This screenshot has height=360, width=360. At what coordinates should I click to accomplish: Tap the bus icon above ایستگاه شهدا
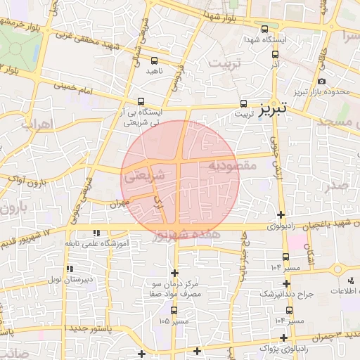[264, 30]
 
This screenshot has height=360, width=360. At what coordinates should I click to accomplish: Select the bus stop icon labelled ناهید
[154, 60]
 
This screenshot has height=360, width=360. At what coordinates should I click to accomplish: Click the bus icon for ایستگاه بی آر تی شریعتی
[141, 101]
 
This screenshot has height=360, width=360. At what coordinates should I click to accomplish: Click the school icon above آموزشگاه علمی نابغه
[96, 233]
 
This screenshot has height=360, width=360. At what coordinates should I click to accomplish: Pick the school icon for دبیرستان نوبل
[69, 269]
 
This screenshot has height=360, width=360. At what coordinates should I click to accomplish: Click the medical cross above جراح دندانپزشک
[285, 281]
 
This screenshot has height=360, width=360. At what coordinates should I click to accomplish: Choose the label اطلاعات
[345, 291]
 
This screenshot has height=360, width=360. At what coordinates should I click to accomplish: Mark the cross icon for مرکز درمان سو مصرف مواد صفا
[174, 272]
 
